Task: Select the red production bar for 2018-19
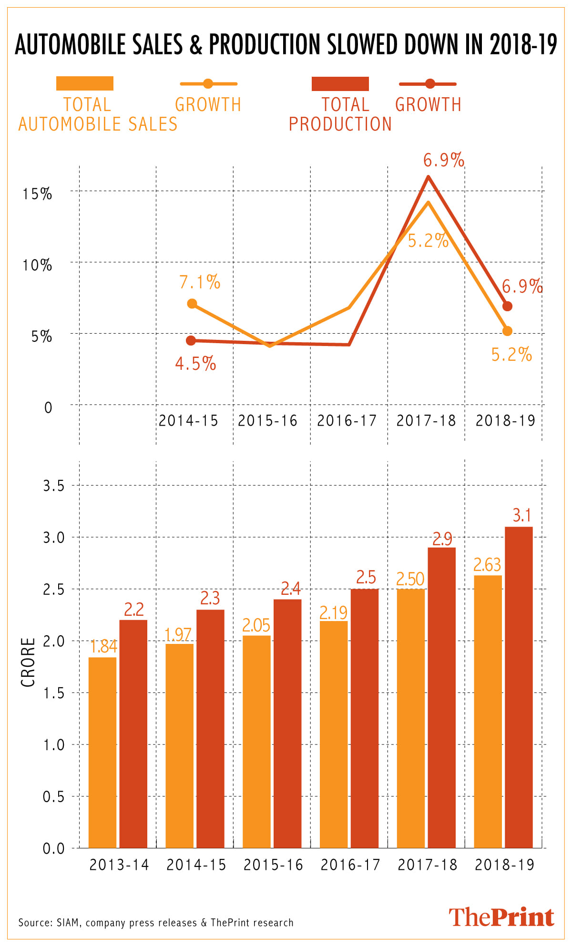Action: coord(519,687)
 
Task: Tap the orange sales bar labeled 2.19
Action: coord(334,734)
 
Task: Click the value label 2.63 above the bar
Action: coord(487,565)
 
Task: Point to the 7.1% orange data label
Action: coord(200,282)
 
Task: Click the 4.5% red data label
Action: coord(195,364)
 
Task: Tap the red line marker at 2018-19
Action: coord(507,306)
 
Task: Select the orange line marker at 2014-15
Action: coord(192,304)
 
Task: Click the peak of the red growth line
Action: coord(428,177)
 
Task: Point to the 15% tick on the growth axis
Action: coord(37,194)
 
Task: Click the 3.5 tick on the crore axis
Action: coord(53,486)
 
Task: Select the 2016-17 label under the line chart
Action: coord(347,420)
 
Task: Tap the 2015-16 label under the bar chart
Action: coord(273,865)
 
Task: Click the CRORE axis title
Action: coord(28,662)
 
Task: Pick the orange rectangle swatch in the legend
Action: coord(85,83)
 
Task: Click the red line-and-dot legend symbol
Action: coord(428,84)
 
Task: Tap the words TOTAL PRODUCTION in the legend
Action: coord(340,114)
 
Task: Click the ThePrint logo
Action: coord(501,917)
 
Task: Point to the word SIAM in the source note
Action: coord(68,922)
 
